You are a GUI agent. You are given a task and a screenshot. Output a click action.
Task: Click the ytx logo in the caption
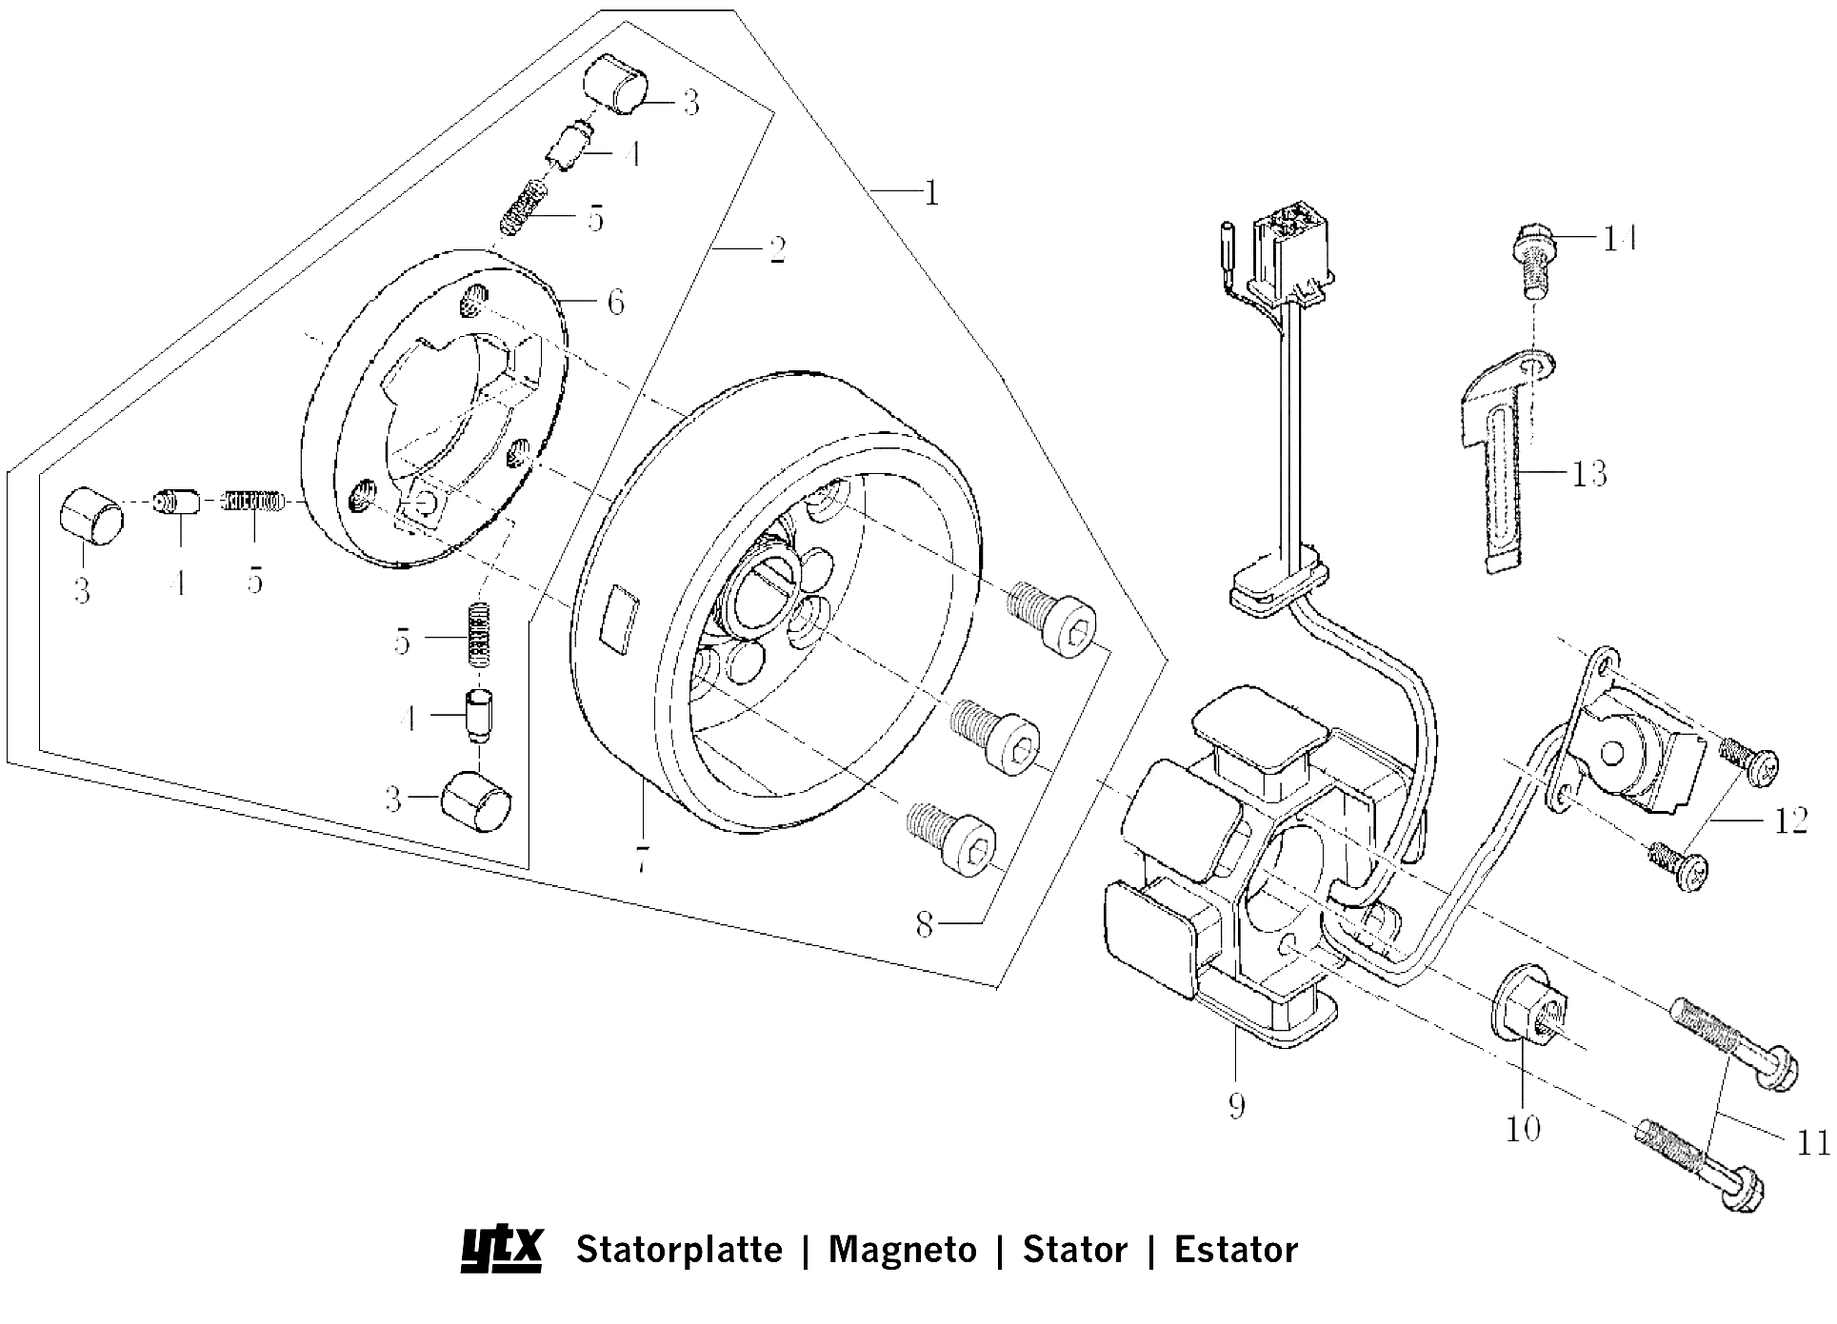502,1248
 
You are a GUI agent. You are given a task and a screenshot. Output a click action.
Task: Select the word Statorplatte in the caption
679,1249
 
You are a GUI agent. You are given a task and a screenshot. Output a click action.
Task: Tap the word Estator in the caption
1235,1249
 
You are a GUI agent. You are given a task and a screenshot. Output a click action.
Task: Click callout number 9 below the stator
1236,1105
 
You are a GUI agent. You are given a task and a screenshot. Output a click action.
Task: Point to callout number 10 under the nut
1523,1129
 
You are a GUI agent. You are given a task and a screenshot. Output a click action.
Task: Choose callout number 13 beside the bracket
1588,473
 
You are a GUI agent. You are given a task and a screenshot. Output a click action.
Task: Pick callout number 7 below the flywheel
643,861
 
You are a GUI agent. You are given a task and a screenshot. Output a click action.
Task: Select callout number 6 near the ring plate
616,303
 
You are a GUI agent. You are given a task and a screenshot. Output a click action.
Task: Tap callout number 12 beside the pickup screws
1790,820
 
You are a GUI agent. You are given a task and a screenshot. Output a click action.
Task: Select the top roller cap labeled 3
615,85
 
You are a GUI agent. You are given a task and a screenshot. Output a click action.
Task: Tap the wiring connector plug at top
1291,249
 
